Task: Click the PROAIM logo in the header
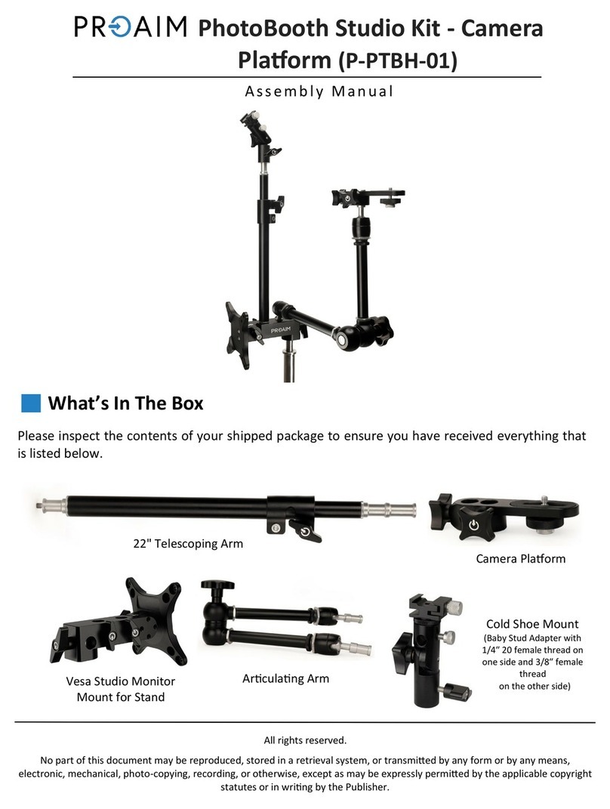click(x=131, y=27)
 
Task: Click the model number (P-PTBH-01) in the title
click(x=398, y=60)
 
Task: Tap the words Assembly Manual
click(x=319, y=91)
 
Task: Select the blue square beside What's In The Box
click(x=31, y=403)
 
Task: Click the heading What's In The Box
click(x=126, y=403)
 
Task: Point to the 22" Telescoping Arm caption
click(x=188, y=543)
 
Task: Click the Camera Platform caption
click(x=521, y=558)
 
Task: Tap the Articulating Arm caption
click(x=285, y=678)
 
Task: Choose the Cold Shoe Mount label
click(x=532, y=624)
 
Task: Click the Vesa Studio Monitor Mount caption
click(x=121, y=689)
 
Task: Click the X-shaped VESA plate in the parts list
click(x=156, y=621)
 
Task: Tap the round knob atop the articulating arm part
click(x=217, y=585)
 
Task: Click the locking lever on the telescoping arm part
click(x=305, y=532)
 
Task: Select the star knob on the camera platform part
click(x=473, y=523)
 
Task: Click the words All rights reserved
click(x=305, y=740)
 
